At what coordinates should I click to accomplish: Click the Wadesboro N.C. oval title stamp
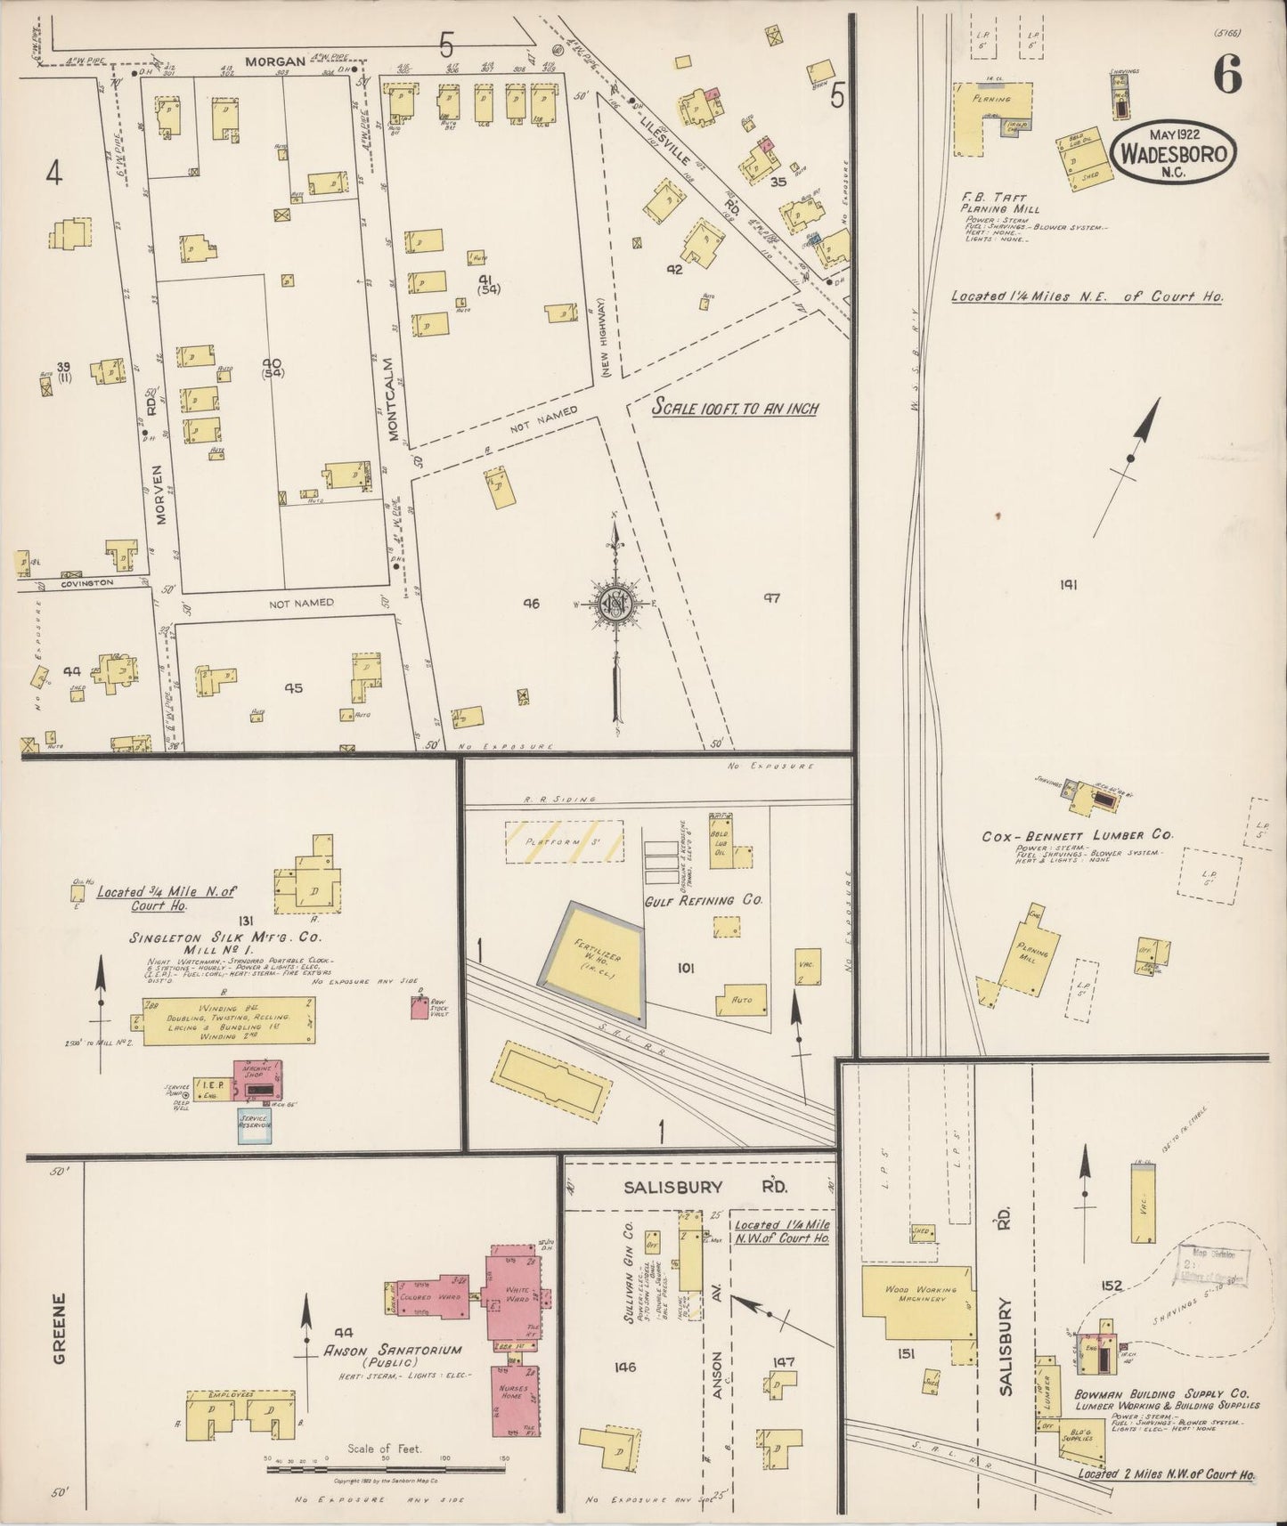[x=1174, y=154]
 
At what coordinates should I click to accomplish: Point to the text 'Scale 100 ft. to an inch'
[x=735, y=408]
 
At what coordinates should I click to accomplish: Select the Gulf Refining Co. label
[x=704, y=900]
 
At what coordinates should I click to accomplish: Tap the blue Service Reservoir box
[x=254, y=1124]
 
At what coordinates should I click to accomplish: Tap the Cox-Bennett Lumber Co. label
[x=1077, y=837]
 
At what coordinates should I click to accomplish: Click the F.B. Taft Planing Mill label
[x=994, y=203]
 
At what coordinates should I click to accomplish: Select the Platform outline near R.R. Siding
[x=551, y=841]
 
